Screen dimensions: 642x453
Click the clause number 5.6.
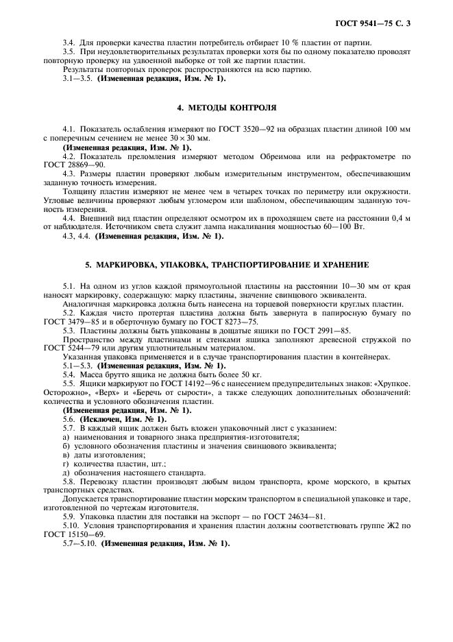coord(69,418)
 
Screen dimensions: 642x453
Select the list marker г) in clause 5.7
coord(65,464)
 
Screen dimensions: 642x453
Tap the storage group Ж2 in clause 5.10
coord(394,525)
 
